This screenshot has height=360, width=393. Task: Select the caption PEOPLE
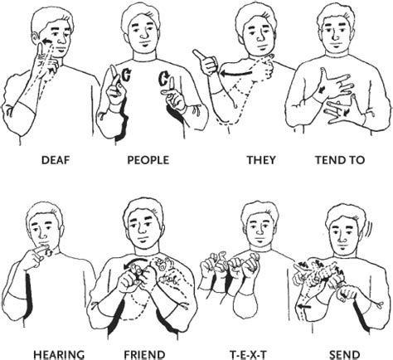pos(147,162)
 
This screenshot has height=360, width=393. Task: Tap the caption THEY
pos(250,162)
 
